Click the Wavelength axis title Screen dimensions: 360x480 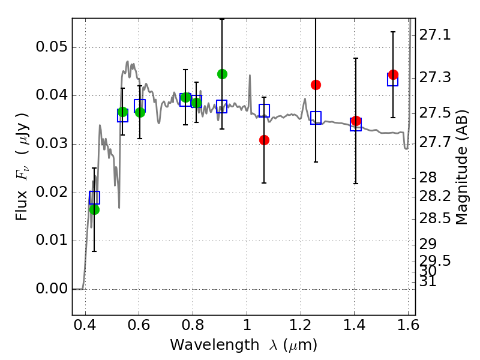click(243, 345)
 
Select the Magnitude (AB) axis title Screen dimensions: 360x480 click(462, 167)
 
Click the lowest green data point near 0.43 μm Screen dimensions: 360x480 click(94, 209)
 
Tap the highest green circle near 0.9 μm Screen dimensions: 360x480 click(222, 74)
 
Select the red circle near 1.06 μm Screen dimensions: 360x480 click(264, 140)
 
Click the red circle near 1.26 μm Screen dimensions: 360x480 click(316, 85)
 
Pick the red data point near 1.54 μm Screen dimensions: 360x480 click(393, 75)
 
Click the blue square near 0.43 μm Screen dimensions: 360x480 click(94, 197)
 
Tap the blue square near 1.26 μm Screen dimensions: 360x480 click(316, 118)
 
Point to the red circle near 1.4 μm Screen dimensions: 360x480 click(356, 121)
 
